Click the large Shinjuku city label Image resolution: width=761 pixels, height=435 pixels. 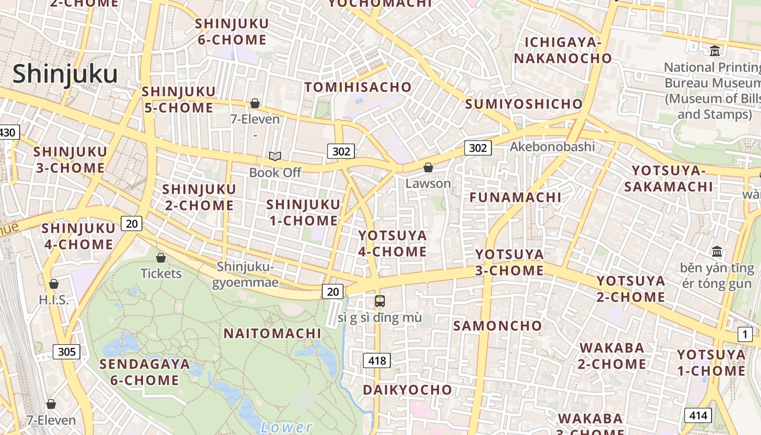65,74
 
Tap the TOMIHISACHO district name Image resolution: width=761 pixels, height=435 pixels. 358,87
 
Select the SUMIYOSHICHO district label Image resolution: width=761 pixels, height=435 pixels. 523,104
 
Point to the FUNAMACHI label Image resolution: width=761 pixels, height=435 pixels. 515,197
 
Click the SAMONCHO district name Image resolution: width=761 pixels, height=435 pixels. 497,326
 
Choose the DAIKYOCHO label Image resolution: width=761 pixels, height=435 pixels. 407,389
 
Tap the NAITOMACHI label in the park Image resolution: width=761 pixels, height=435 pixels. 272,333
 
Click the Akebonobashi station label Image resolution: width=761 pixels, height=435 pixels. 552,146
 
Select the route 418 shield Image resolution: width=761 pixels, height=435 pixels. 377,360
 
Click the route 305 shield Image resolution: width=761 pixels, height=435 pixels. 66,351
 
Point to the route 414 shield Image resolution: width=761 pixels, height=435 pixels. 697,416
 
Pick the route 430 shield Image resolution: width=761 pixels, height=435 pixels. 8,132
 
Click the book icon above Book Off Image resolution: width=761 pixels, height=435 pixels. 275,157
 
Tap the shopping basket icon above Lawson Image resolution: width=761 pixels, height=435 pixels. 428,167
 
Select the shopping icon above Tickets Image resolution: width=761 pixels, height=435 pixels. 161,257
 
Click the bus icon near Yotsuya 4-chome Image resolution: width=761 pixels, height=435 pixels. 379,301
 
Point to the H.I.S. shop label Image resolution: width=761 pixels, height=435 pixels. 54,300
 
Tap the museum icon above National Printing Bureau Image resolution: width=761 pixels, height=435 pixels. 715,51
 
